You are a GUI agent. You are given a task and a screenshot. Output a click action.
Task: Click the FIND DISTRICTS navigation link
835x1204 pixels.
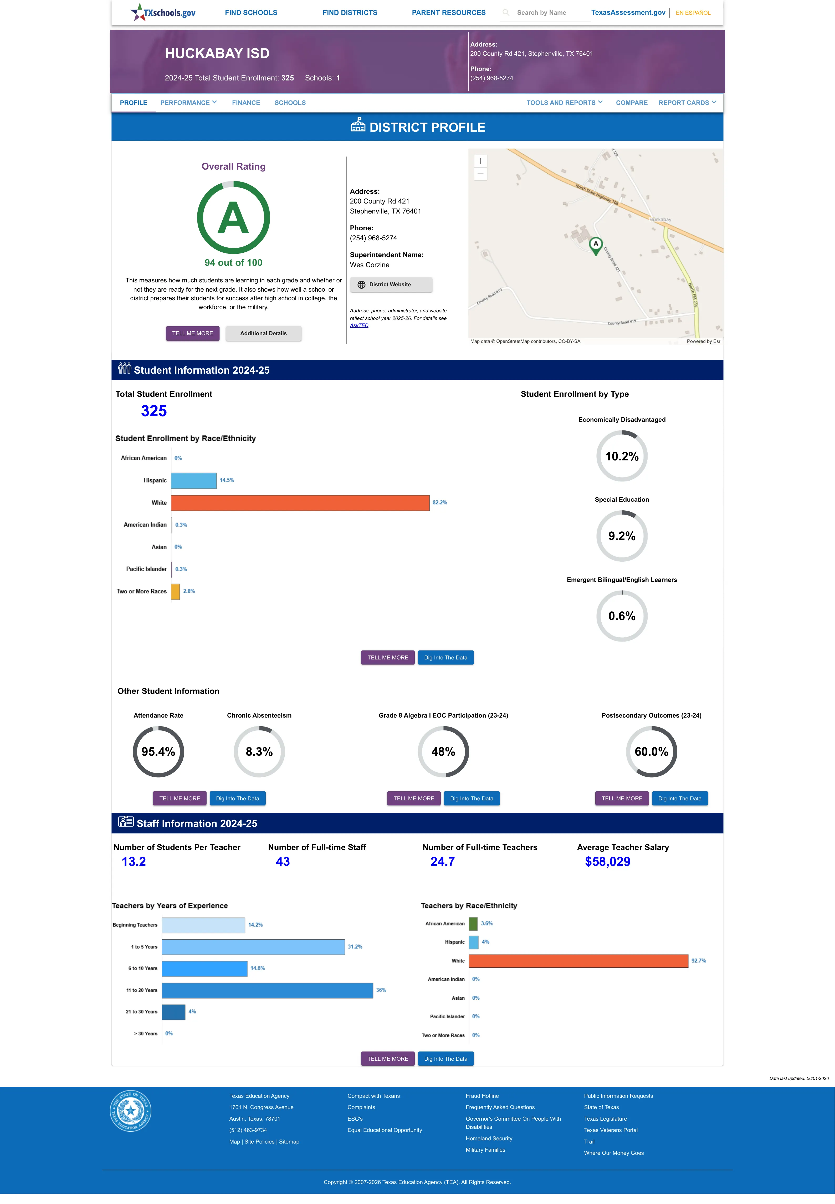pos(350,13)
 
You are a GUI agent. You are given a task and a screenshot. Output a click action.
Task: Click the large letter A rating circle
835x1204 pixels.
pos(233,218)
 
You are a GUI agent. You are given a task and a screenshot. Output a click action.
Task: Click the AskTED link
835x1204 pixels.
pos(359,326)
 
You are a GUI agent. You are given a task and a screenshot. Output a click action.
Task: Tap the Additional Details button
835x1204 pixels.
pos(263,333)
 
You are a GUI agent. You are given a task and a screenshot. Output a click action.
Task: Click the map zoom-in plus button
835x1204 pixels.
pos(480,161)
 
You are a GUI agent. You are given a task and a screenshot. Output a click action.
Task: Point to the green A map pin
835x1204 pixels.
pos(595,245)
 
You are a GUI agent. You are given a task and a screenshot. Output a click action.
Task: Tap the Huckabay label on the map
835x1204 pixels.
pos(660,220)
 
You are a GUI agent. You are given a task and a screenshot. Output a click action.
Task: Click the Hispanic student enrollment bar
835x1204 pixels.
pos(194,480)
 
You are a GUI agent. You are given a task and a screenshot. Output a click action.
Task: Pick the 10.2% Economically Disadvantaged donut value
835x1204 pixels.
pos(622,456)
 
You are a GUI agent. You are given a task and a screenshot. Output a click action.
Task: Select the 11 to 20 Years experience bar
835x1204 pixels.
pos(267,990)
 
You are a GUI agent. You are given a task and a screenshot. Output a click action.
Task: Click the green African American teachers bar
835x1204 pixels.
pos(473,923)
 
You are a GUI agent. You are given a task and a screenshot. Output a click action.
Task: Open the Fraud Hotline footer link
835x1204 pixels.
pos(482,1096)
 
